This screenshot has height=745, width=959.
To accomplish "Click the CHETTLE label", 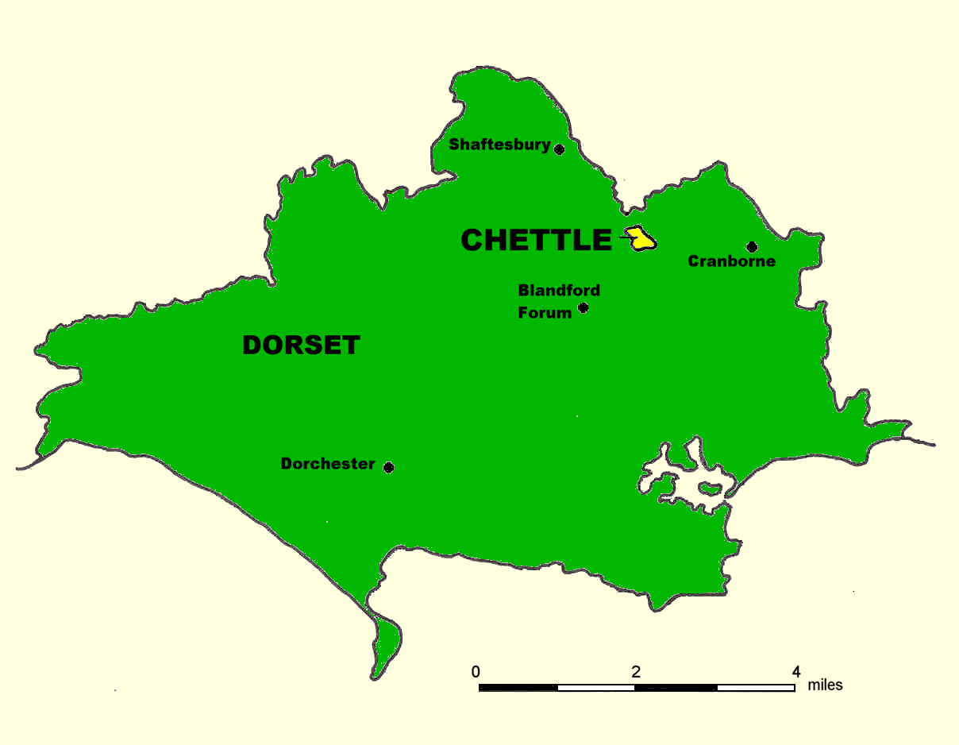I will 537,240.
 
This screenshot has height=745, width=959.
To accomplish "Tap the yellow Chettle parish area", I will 642,240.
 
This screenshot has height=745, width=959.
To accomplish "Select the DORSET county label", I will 302,345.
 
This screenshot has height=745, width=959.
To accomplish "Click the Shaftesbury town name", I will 499,145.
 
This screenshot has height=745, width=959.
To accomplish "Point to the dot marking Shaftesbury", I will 559,149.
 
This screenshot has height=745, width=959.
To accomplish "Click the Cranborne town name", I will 731,261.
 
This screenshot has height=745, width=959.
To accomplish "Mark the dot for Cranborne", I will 752,247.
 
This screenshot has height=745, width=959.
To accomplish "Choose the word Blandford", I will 559,290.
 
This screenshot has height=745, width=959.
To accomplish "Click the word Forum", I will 545,313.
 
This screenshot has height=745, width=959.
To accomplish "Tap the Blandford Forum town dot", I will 583,308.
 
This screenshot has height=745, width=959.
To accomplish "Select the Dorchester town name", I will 328,464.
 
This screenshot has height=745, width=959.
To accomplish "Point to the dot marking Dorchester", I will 388,467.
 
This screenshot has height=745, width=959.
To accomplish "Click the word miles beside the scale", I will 826,685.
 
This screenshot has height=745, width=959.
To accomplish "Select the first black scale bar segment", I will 518,687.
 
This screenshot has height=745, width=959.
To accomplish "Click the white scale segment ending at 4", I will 756,687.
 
